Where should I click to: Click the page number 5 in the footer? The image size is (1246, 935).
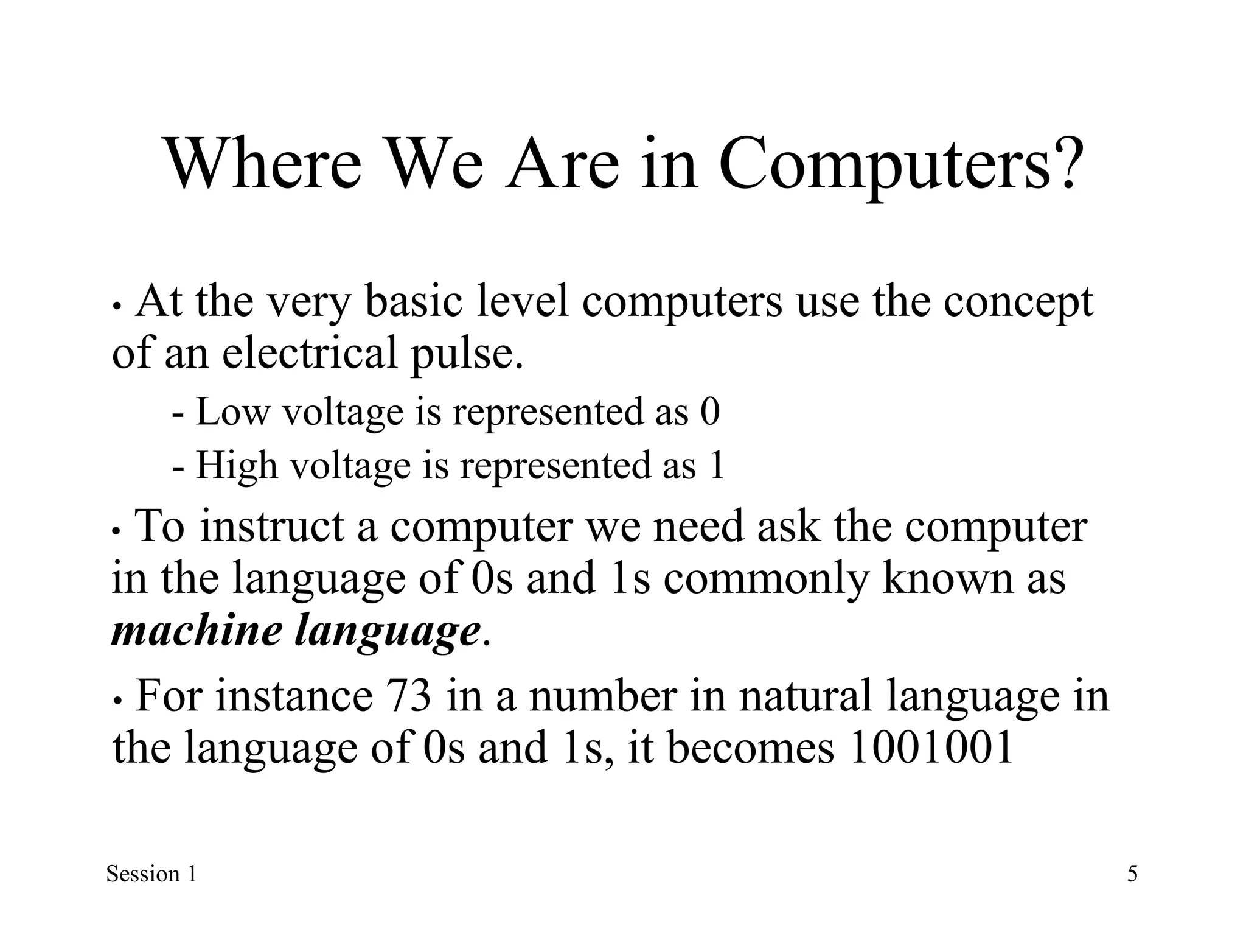(x=1132, y=874)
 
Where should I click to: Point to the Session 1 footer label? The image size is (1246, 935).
(x=151, y=874)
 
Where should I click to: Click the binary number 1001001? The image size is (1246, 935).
(x=931, y=748)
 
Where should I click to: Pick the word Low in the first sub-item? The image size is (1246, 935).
(x=232, y=412)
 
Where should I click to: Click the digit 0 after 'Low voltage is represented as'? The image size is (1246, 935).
(x=710, y=412)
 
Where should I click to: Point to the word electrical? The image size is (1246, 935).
(x=310, y=353)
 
